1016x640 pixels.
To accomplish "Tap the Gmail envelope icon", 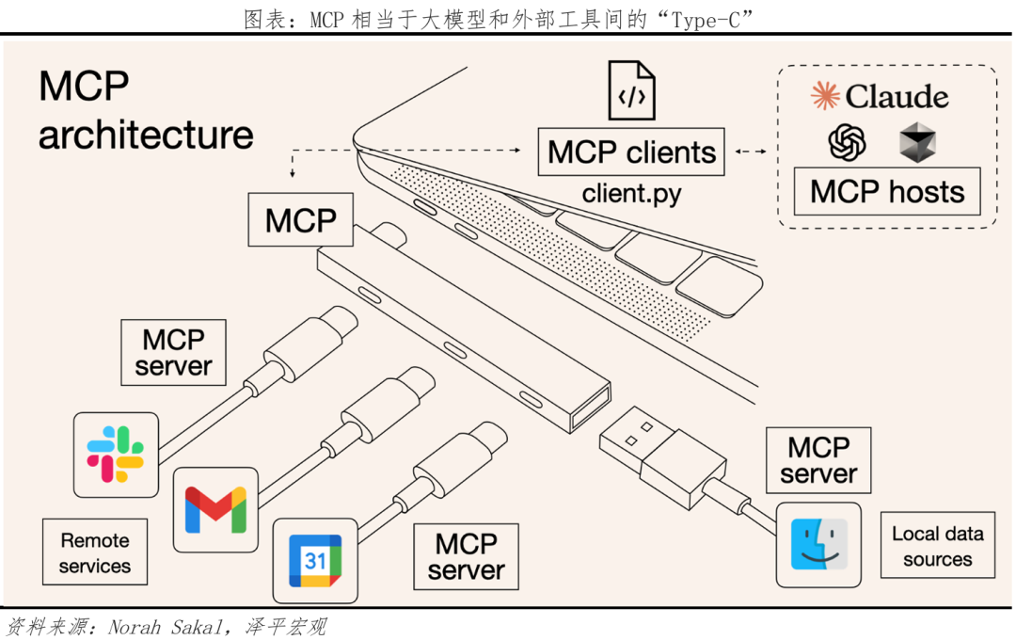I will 215,509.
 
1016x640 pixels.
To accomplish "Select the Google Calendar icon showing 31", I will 314,560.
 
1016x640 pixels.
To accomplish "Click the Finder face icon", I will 818,545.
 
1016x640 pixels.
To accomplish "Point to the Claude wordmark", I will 881,96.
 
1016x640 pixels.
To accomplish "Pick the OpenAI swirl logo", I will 847,142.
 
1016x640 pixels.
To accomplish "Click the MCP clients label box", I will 631,152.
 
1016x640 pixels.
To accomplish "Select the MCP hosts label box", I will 887,192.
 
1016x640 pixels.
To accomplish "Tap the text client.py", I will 631,194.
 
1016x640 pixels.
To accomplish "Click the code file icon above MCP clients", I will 631,90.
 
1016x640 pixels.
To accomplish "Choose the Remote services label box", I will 95,553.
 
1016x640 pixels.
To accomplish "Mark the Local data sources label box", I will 937,546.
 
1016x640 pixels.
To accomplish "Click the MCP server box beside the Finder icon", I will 818,460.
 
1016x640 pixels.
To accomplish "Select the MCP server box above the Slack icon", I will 174,352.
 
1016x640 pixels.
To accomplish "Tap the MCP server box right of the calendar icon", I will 466,556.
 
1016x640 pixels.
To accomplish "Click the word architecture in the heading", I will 146,135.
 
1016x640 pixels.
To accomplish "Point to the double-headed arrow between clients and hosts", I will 750,152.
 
